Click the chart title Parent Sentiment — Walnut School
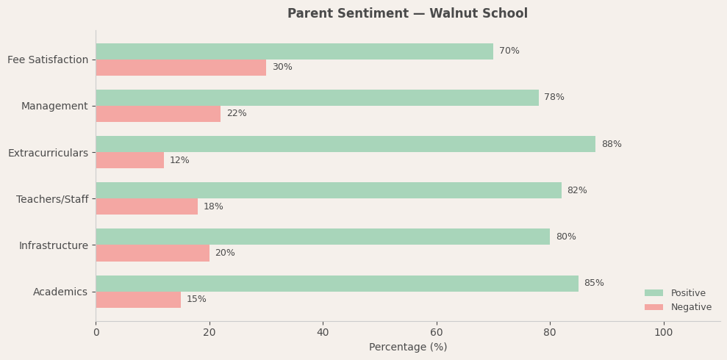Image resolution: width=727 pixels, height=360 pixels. pyautogui.click(x=407, y=14)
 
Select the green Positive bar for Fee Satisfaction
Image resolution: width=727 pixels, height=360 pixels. pyautogui.click(x=294, y=51)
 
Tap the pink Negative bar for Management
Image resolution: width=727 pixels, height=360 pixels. pyautogui.click(x=158, y=114)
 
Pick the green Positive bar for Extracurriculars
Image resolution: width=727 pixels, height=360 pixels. pyautogui.click(x=345, y=144)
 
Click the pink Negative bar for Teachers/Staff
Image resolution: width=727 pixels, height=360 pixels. pyautogui.click(x=147, y=206)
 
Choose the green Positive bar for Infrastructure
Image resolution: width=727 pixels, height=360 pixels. pyautogui.click(x=323, y=237)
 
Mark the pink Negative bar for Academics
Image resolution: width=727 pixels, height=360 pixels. pyautogui.click(x=138, y=300)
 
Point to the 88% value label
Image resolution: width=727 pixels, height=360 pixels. pyautogui.click(x=612, y=145)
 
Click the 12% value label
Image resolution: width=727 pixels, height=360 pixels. pyautogui.click(x=179, y=161)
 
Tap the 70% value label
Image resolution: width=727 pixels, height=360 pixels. pyautogui.click(x=509, y=51)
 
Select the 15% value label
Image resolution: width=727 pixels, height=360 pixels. pyautogui.click(x=196, y=300)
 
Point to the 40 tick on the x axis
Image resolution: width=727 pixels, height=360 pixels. pyautogui.click(x=323, y=333)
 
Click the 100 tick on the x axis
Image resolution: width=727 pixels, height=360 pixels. pyautogui.click(x=663, y=333)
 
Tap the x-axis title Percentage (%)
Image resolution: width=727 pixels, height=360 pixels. pyautogui.click(x=408, y=348)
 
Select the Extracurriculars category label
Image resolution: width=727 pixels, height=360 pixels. pyautogui.click(x=48, y=153)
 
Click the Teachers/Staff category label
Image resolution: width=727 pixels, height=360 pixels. pyautogui.click(x=52, y=199)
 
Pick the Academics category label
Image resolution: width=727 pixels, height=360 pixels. pyautogui.click(x=60, y=292)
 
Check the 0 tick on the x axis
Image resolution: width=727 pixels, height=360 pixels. pyautogui.click(x=96, y=333)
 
